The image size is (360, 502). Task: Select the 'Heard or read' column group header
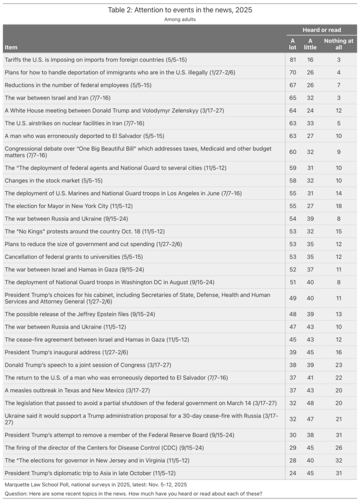click(x=321, y=30)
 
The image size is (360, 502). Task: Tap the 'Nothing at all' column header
click(x=338, y=44)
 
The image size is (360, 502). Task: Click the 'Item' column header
click(x=10, y=48)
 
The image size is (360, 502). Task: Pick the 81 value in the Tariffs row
click(x=293, y=60)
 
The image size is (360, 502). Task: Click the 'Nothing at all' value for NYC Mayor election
click(x=338, y=205)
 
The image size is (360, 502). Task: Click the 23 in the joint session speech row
click(x=338, y=365)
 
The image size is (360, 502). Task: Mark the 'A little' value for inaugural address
click(x=310, y=352)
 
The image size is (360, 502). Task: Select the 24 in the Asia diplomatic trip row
click(x=293, y=474)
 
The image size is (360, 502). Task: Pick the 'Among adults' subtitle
click(x=180, y=20)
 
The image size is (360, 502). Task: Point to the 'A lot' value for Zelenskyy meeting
click(x=293, y=111)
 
